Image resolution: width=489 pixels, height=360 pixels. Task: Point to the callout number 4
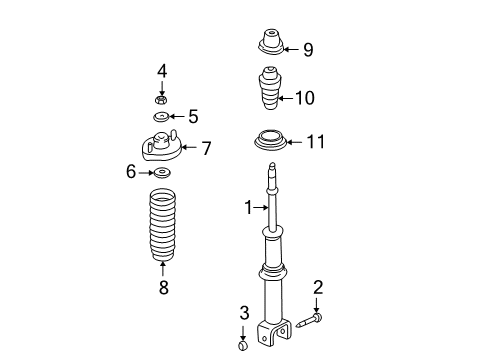pyautogui.click(x=161, y=70)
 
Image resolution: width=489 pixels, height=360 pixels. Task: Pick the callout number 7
pyautogui.click(x=207, y=148)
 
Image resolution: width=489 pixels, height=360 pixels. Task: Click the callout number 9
pyautogui.click(x=308, y=48)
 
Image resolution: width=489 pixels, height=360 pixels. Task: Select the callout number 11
pyautogui.click(x=315, y=142)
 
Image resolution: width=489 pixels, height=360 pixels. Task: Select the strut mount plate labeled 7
pyautogui.click(x=160, y=148)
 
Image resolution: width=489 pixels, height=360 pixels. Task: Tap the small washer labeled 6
pyautogui.click(x=161, y=173)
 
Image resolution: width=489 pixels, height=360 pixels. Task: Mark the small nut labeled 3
pyautogui.click(x=241, y=346)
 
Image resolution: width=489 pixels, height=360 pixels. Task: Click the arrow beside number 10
pyautogui.click(x=286, y=98)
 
